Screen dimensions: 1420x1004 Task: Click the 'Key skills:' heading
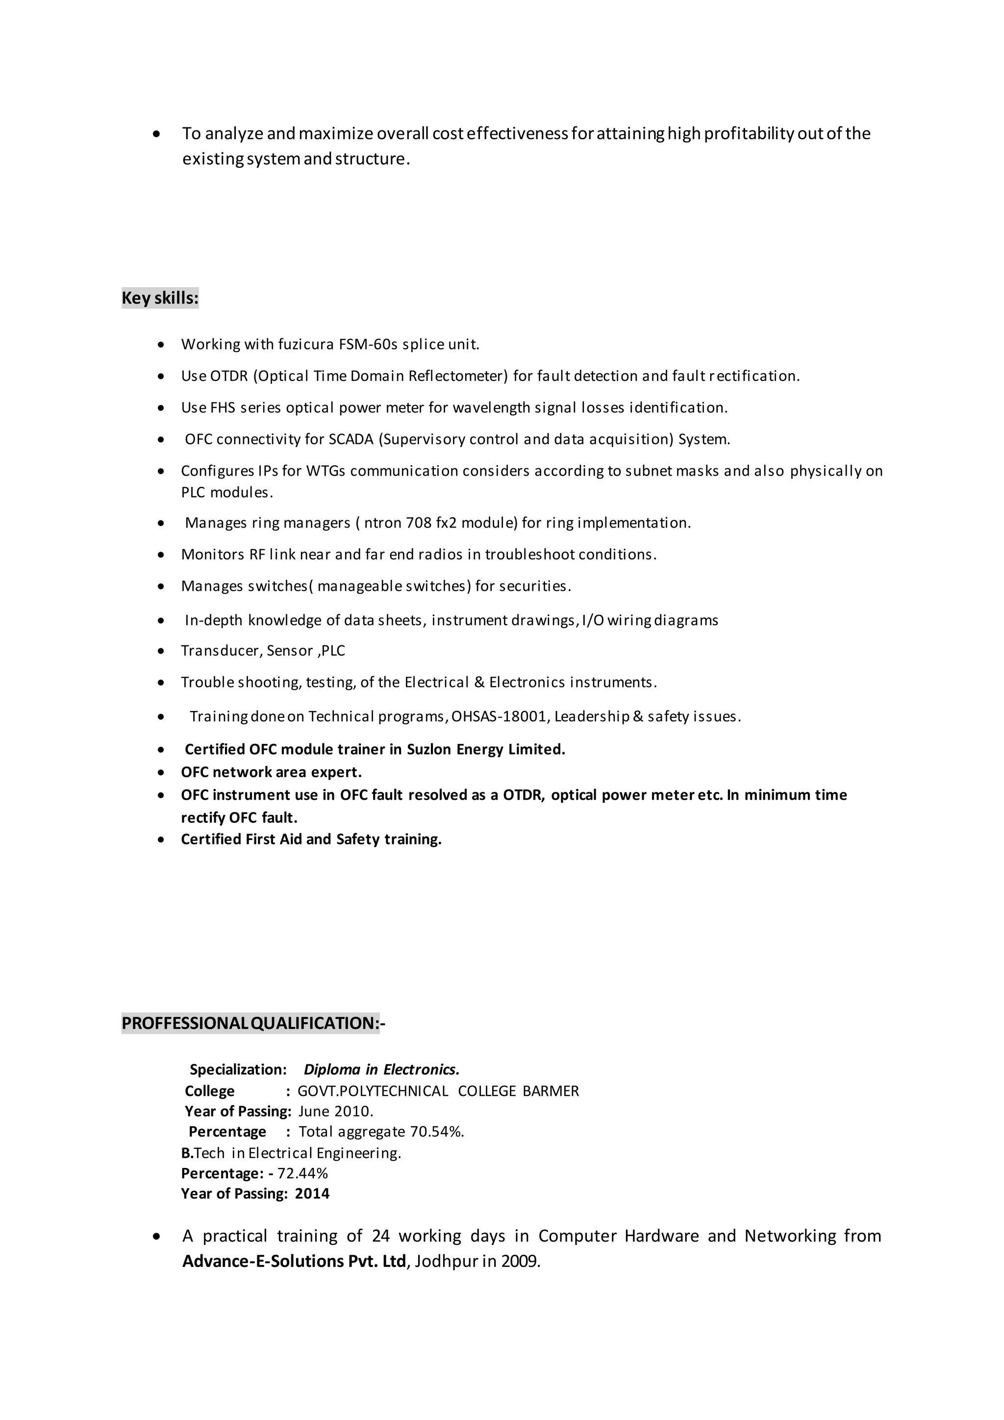(160, 298)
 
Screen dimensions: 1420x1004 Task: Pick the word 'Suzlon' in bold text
(429, 750)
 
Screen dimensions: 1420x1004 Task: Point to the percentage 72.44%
(302, 1173)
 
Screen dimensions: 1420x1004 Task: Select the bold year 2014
(312, 1193)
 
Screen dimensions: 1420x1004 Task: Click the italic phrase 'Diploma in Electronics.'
(381, 1069)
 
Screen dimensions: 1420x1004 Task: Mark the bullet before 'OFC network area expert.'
(161, 772)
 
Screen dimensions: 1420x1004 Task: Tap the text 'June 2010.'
(336, 1112)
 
